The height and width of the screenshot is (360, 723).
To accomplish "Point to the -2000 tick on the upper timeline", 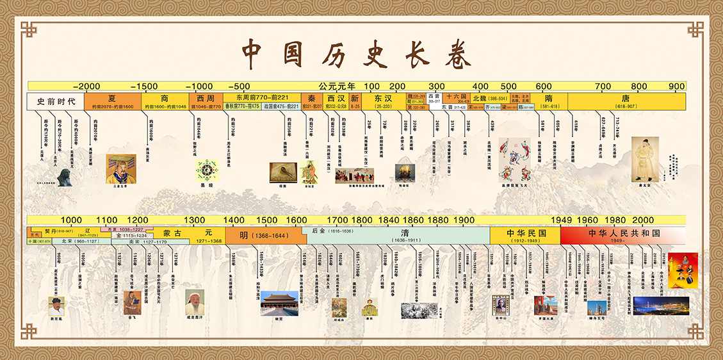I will [x=86, y=86].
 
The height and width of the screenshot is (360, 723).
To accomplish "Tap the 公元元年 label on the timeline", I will [x=337, y=86].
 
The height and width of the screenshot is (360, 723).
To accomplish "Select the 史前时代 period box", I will [x=56, y=101].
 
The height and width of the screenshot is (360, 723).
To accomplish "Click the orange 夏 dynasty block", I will [x=112, y=101].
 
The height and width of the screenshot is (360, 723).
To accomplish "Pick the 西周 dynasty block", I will [x=206, y=101].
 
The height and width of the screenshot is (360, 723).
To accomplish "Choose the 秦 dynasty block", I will [x=311, y=101].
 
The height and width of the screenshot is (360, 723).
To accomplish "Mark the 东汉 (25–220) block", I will [x=383, y=101].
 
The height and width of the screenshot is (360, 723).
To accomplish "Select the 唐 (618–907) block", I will [x=624, y=101].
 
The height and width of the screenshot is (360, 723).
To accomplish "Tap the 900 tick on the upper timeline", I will [x=676, y=86].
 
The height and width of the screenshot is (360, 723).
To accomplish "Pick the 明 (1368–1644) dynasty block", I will [x=265, y=236].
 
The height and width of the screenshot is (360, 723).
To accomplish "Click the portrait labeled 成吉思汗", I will [x=195, y=301].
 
